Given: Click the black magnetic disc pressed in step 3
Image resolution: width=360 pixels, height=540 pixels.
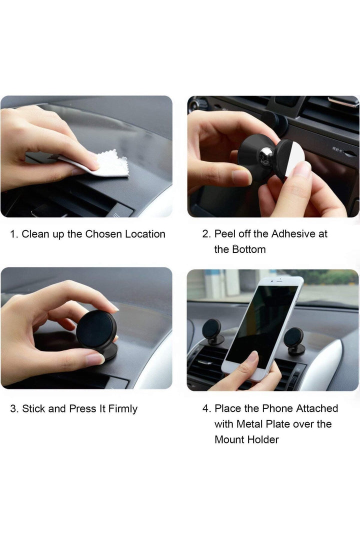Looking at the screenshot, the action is pos(96,329).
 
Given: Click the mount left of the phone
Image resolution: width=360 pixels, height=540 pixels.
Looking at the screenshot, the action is pos(212,331).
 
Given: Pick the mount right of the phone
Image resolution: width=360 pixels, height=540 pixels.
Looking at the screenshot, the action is pos(294,341).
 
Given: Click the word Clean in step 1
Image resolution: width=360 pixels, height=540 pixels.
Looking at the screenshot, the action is pos(35,234).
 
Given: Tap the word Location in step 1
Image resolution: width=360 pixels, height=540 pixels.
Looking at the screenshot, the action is pos(145,234).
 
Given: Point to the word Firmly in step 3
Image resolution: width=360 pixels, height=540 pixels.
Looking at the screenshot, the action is pos(123,409).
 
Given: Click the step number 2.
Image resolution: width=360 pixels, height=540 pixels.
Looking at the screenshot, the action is pos(206,234).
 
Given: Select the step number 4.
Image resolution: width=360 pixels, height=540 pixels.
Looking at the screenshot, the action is pos(206,408).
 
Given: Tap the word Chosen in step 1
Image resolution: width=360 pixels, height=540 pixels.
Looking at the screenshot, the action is pos(103,234).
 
